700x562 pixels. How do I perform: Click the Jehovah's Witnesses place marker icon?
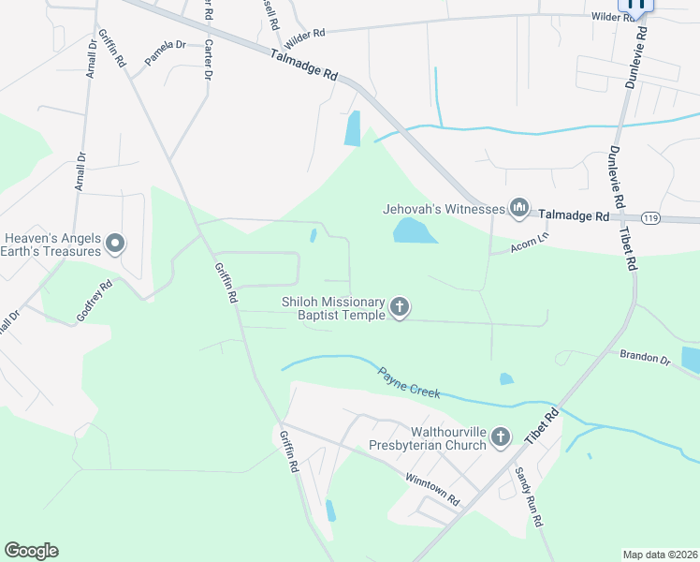[519, 208]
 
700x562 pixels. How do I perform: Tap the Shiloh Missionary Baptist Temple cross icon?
[400, 307]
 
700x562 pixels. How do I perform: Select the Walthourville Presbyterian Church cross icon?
[501, 436]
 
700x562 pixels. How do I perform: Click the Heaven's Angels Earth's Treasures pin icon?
[115, 244]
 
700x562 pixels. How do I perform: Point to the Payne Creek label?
[409, 382]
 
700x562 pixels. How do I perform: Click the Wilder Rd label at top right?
[613, 17]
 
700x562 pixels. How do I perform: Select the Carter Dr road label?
[208, 60]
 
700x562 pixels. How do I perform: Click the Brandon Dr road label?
[645, 357]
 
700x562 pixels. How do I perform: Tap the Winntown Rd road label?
[431, 490]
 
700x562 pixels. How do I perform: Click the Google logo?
[31, 551]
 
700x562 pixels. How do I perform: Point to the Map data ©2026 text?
[659, 554]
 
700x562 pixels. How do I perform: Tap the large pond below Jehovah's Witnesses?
[415, 230]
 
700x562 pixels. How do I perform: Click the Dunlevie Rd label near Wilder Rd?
[637, 56]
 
